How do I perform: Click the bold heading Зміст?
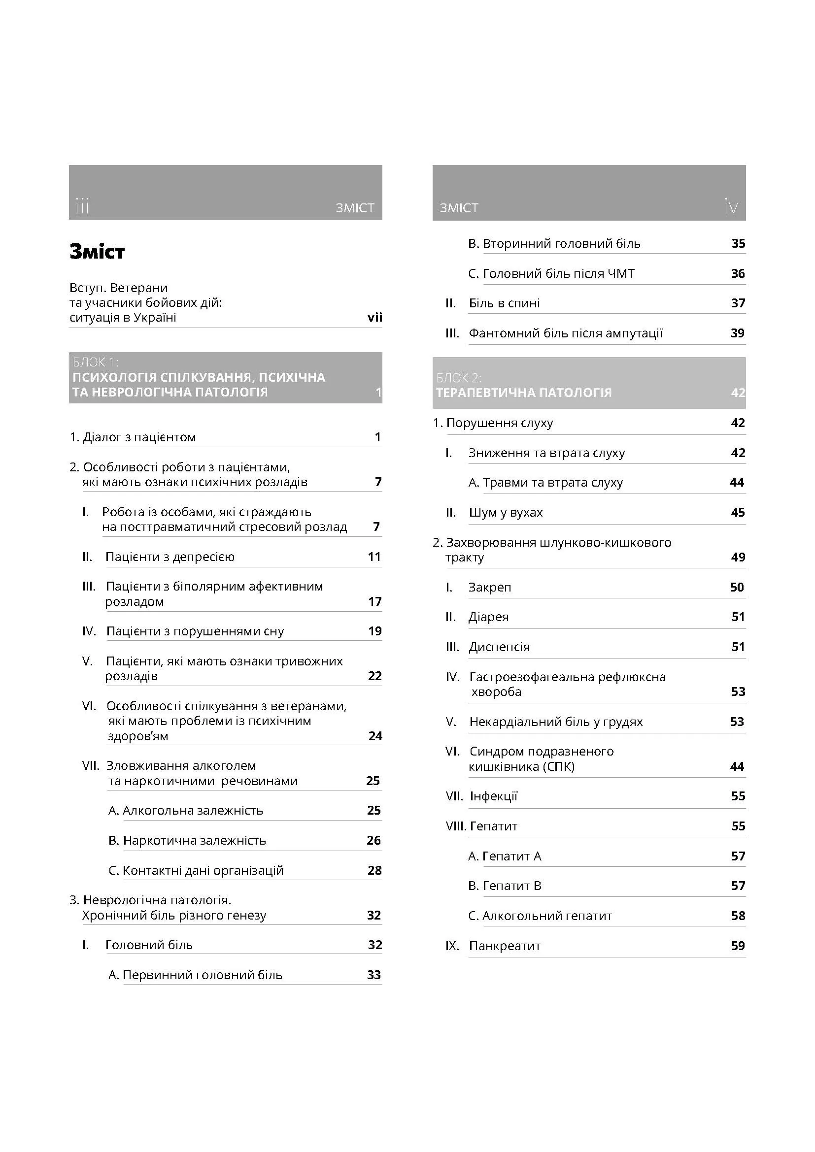[x=97, y=252]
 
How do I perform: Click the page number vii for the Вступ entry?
[x=374, y=317]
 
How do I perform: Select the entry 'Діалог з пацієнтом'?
[x=139, y=437]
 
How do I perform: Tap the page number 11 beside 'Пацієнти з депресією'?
[x=374, y=557]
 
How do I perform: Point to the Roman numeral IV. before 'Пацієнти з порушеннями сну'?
[x=89, y=631]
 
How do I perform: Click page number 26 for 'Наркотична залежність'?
[x=374, y=840]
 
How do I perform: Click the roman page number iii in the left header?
[x=82, y=206]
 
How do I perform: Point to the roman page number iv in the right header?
[x=731, y=206]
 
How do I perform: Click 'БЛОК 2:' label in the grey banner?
[x=459, y=378]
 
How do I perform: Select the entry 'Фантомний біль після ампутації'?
[x=566, y=333]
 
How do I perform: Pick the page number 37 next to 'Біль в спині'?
[x=738, y=303]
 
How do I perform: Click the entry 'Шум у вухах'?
[x=506, y=513]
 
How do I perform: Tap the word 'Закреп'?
[x=489, y=588]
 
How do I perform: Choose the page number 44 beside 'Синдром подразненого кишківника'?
[x=737, y=767]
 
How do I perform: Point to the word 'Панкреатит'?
[x=505, y=946]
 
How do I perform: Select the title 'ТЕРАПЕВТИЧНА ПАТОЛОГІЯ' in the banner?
[x=523, y=393]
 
